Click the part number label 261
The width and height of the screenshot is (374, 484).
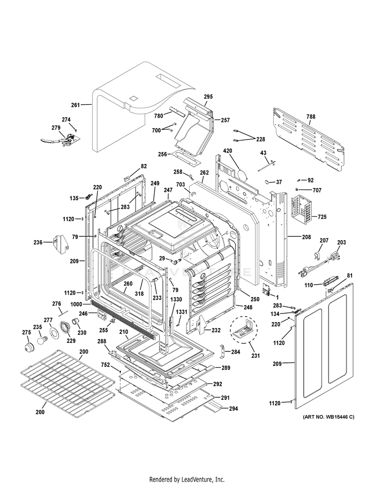coord(75,105)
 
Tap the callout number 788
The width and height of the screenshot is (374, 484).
coord(311,117)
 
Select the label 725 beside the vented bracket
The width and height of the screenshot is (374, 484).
coord(322,217)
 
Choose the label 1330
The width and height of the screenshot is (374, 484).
coord(176,299)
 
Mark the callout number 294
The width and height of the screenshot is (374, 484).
coord(233,409)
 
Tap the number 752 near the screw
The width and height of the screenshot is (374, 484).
coord(106,365)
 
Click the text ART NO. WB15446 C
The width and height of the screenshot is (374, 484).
coord(328,417)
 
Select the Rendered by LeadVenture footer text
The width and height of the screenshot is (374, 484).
coord(187,479)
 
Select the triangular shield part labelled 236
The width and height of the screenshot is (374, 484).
coord(61,244)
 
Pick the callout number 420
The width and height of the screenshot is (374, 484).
coord(228,151)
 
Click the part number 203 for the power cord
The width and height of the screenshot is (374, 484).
coord(342,243)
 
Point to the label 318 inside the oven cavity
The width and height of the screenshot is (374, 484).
coord(139,294)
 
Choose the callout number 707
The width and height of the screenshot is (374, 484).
coord(317,190)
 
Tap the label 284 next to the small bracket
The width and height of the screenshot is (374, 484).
coord(235,352)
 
